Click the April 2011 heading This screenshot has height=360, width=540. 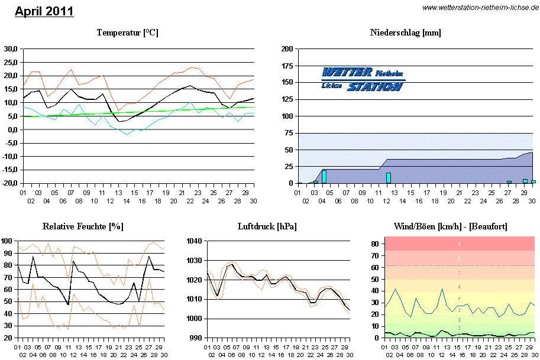[44, 11]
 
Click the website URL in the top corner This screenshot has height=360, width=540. [479, 7]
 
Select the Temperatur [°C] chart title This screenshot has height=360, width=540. [127, 33]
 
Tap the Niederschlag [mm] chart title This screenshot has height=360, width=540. [405, 33]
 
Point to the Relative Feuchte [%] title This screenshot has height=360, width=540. [83, 226]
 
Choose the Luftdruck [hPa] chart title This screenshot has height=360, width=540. [267, 226]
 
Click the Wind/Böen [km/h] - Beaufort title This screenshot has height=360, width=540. [450, 226]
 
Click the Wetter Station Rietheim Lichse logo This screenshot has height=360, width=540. [363, 79]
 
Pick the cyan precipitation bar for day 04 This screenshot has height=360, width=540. [324, 177]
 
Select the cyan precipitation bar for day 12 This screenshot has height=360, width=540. [389, 178]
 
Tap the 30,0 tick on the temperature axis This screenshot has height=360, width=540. [11, 49]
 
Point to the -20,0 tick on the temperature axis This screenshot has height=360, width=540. [9, 183]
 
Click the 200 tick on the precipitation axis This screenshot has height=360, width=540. [287, 49]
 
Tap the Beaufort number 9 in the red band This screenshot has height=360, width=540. [460, 244]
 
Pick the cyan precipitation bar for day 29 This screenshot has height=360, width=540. [525, 181]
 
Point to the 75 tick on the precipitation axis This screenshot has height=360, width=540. [289, 133]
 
